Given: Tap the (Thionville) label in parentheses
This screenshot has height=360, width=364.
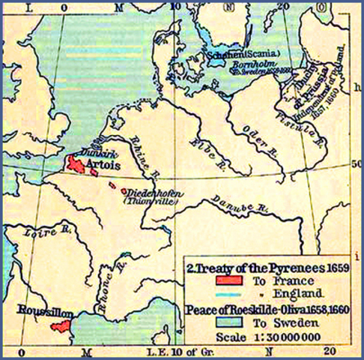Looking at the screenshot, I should [149, 201].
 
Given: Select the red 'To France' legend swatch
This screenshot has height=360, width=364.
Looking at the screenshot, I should [228, 280].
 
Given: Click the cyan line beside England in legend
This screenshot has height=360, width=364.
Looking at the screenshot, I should [228, 292].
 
